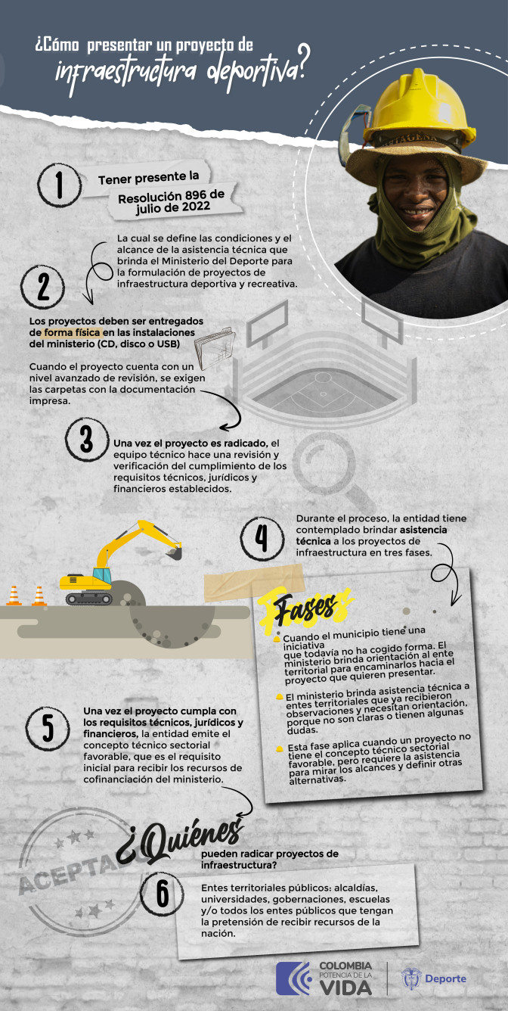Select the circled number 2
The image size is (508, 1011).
(43, 287)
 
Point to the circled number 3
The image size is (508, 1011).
(88, 439)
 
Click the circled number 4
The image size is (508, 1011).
(262, 538)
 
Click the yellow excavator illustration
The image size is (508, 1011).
(121, 564)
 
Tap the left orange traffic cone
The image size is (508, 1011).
(14, 596)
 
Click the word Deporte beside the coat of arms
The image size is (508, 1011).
(445, 978)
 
